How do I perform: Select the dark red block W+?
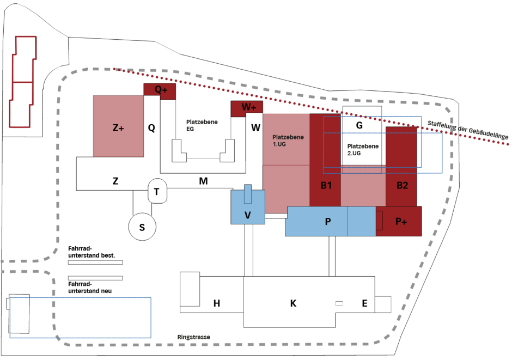point(247,108)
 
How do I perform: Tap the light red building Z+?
point(119,127)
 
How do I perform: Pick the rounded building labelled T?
point(157,192)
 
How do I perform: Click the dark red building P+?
point(401,221)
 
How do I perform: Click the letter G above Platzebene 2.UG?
point(359,125)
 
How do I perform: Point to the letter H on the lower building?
point(217,303)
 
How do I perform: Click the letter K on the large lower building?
point(293,303)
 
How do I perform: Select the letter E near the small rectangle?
point(364,303)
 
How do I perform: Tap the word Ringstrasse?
point(193,337)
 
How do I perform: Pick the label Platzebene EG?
point(202,126)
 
